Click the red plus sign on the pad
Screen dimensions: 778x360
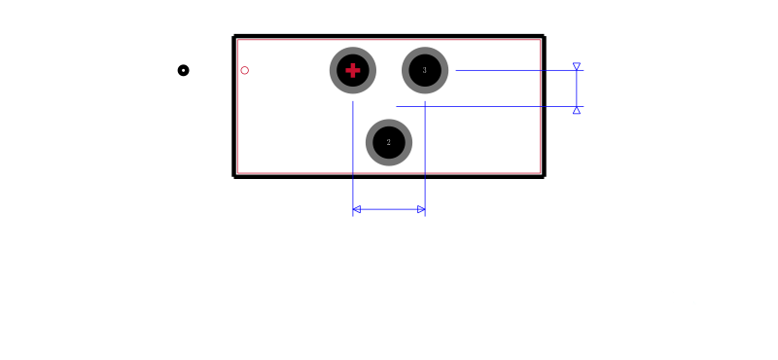tap(353, 70)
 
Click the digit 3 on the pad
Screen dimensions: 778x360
tap(425, 70)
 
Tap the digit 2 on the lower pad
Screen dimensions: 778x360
tap(388, 142)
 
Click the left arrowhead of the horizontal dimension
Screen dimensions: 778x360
tap(356, 209)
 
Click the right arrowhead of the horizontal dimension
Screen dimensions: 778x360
tap(421, 209)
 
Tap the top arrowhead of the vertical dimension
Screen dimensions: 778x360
tap(577, 66)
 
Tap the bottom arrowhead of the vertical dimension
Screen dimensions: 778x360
tap(577, 110)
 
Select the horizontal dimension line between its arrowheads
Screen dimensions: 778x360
tap(389, 209)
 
